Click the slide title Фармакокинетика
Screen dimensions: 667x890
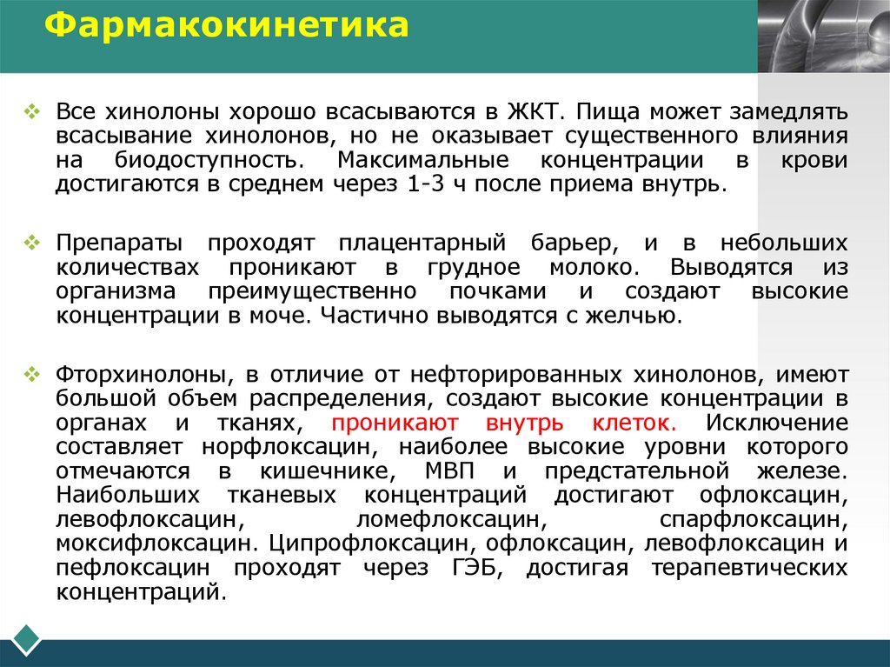227,25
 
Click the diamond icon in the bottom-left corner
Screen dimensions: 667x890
26,639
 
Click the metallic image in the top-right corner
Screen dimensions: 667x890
823,36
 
